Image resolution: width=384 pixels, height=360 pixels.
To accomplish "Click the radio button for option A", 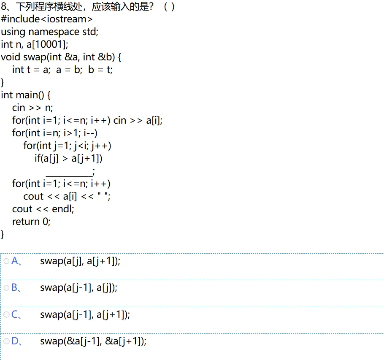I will click(x=6, y=261).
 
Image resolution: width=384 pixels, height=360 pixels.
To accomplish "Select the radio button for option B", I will click(x=6, y=288).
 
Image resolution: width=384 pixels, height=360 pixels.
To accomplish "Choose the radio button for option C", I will click(x=6, y=314).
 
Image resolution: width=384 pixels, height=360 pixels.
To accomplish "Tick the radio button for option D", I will click(x=6, y=341).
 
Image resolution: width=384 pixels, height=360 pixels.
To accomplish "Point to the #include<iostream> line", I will click(x=46, y=19).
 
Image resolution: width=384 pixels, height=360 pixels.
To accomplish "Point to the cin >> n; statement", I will click(x=32, y=108).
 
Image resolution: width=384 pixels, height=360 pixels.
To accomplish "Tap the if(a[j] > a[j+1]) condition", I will click(x=69, y=158).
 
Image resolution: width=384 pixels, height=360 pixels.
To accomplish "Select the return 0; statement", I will click(x=31, y=222).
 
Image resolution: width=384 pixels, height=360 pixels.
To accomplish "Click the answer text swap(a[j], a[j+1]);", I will click(x=80, y=261).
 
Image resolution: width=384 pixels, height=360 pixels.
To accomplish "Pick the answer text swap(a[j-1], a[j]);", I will click(x=79, y=288).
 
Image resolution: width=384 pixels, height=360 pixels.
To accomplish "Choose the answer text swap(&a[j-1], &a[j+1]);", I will click(x=93, y=341).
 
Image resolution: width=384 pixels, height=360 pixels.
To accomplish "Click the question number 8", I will click(x=4, y=7).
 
